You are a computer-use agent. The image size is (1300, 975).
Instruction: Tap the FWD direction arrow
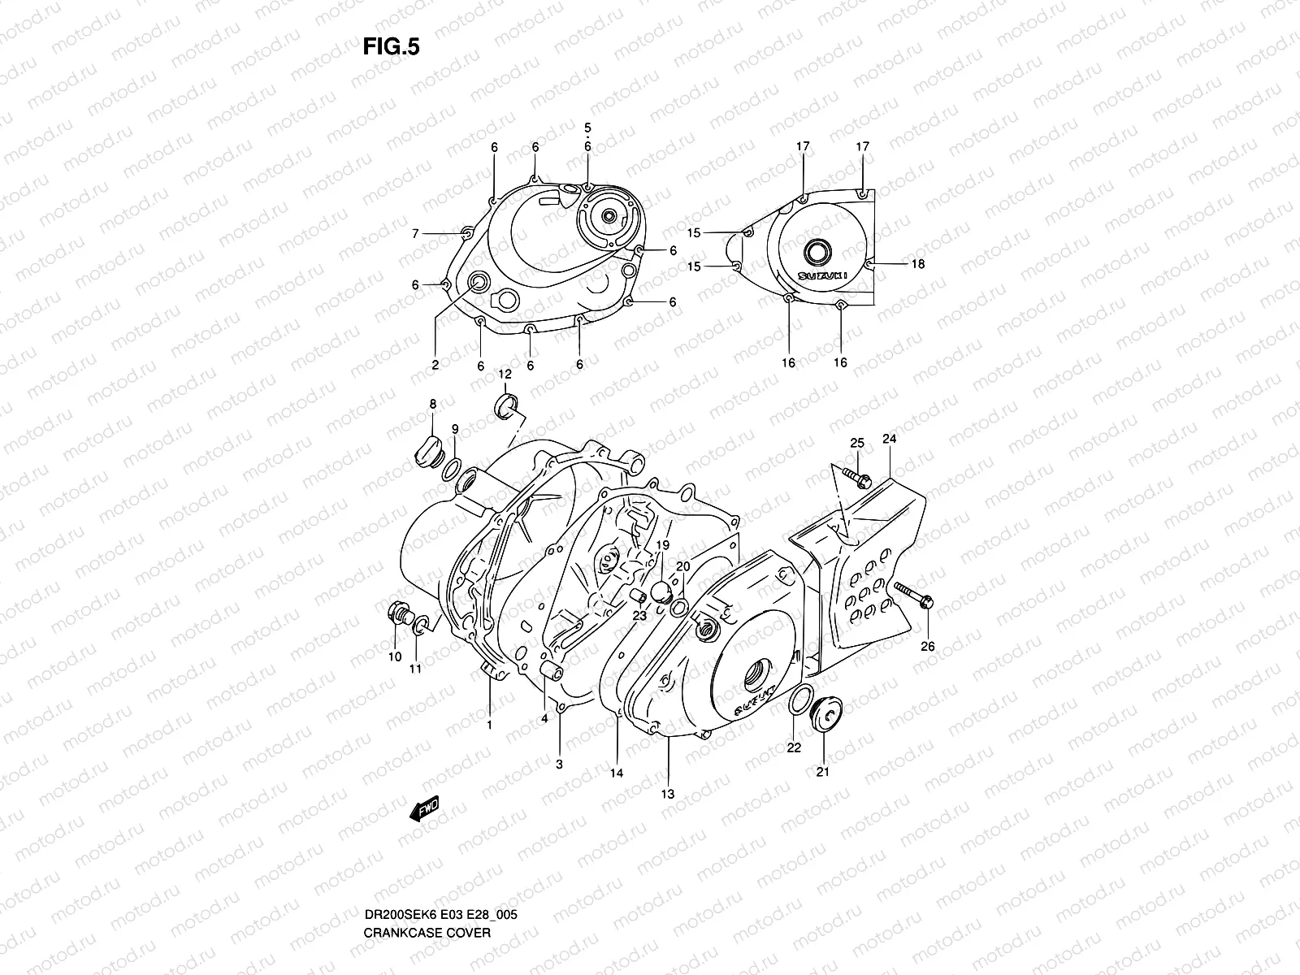point(425,807)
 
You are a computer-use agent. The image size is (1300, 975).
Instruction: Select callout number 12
point(505,374)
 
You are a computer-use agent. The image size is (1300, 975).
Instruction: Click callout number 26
point(927,647)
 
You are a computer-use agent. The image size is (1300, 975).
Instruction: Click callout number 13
point(668,794)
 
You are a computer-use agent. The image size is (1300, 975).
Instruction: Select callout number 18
point(917,264)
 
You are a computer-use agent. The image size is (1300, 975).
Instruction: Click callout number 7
point(415,234)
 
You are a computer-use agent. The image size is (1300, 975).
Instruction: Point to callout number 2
point(435,366)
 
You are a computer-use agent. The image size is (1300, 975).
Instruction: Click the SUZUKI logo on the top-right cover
point(822,275)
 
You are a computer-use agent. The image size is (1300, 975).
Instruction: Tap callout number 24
point(889,439)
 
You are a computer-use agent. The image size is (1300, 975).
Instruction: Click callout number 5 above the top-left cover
point(587,128)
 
